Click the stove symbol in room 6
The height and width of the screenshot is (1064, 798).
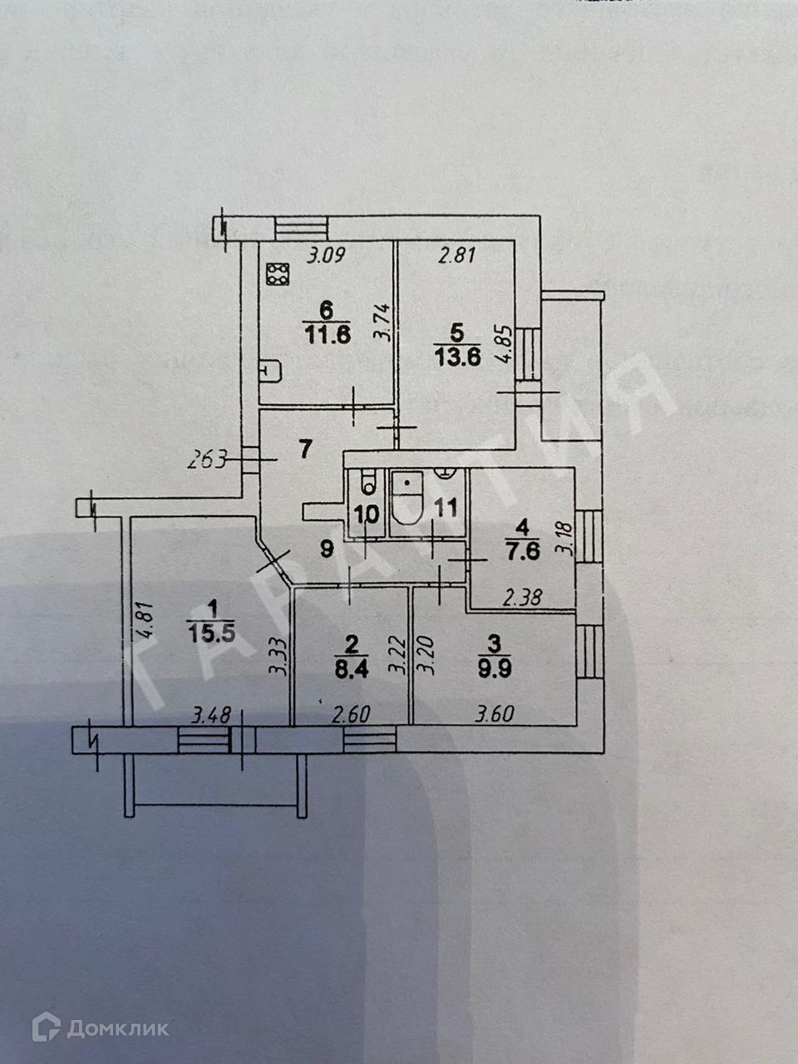coord(278,274)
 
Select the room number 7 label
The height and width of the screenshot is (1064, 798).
coord(305,451)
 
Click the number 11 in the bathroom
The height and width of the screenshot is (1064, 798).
coord(446,508)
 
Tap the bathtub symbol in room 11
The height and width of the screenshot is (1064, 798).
coord(407,497)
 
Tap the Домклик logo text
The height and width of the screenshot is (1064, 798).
coord(116,1029)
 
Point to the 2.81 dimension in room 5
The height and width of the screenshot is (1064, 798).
coord(456,255)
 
